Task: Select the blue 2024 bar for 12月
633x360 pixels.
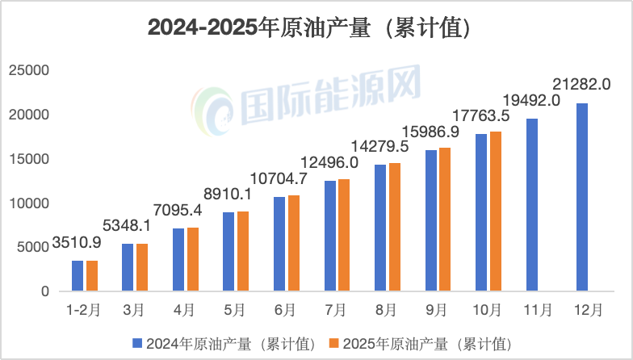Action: pos(581,197)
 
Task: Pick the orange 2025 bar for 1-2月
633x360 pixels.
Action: pos(91,275)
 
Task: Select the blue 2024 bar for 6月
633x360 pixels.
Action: pos(279,243)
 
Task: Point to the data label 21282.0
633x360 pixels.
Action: pos(581,83)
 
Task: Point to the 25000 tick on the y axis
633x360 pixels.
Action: pos(28,71)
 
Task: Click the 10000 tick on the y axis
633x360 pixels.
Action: pos(28,203)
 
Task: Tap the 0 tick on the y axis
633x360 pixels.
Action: pos(46,291)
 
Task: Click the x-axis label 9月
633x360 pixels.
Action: pos(437,309)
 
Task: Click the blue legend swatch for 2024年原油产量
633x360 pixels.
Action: pos(136,343)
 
